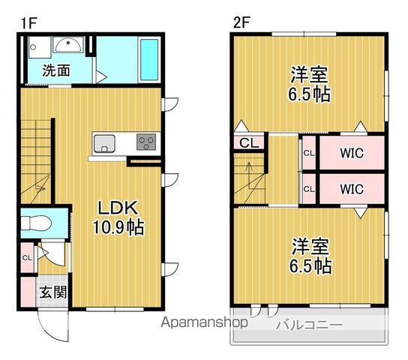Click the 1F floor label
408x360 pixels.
(28, 23)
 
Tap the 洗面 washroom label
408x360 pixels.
(55, 72)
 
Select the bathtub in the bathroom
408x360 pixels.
(149, 55)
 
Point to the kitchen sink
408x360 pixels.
(103, 142)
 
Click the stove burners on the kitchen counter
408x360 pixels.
(145, 142)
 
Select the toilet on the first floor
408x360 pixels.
(37, 223)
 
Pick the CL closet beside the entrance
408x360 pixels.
(27, 259)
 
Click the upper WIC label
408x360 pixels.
(351, 154)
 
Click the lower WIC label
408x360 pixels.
(351, 189)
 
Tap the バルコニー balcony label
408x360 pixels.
(308, 325)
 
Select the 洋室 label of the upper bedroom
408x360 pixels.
(309, 76)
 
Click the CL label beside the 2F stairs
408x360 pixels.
(246, 142)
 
